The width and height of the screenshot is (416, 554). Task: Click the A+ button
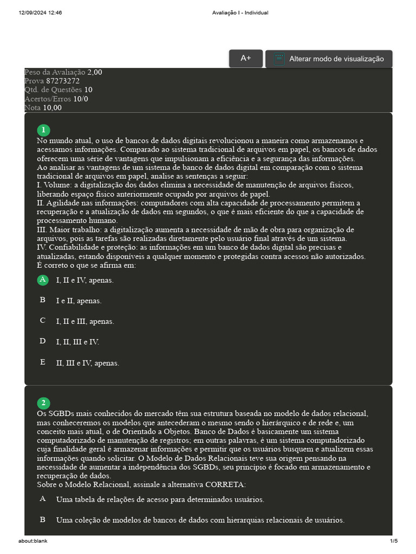[x=245, y=58]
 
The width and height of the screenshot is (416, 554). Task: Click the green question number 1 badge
[x=43, y=130]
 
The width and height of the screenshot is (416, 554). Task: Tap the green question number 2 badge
[x=43, y=403]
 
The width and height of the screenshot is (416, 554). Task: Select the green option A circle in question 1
[x=43, y=280]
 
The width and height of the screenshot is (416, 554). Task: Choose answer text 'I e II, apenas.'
[x=79, y=301]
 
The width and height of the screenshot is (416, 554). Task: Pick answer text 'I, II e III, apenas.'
[x=85, y=321]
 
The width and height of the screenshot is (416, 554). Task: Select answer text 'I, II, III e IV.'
[x=77, y=342]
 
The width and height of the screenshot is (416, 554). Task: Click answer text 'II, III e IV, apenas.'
[x=87, y=363]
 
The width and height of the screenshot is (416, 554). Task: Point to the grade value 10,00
[x=52, y=108]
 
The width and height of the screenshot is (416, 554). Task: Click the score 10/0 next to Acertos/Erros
[x=81, y=99]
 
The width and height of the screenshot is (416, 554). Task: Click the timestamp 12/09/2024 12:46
[x=40, y=13]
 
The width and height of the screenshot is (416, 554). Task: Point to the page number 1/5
[x=393, y=541]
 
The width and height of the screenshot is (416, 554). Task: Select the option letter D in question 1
[x=43, y=341]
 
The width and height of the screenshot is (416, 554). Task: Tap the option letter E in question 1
[x=43, y=362]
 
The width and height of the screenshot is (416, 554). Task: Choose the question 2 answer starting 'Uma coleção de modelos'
[x=200, y=520]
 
